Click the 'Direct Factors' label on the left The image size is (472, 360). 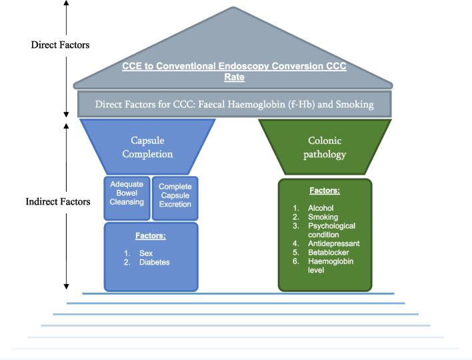click(x=60, y=45)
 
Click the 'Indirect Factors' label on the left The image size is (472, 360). click(x=58, y=201)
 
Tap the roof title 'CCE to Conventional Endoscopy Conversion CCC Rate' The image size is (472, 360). click(x=234, y=71)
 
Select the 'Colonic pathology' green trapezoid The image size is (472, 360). click(x=325, y=147)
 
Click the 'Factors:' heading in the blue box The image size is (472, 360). click(x=151, y=236)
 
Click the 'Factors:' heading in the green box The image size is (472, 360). click(x=324, y=191)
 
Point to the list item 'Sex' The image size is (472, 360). click(x=145, y=253)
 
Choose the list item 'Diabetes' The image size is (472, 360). click(x=154, y=262)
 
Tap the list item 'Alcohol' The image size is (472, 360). click(x=321, y=208)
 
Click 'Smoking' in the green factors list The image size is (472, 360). click(x=323, y=217)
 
